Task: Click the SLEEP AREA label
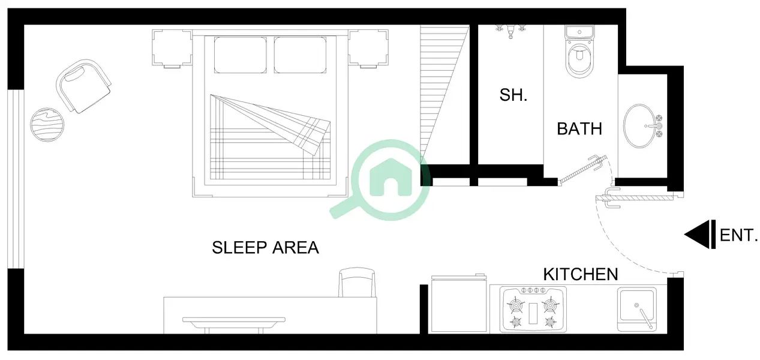point(265,247)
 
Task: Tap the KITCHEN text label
point(581,274)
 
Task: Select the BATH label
point(579,129)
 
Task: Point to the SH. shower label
point(513,95)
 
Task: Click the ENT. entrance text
point(738,235)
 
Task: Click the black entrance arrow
point(700,235)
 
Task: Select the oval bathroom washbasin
point(639,126)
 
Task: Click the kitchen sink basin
point(637,309)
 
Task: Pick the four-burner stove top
point(533,309)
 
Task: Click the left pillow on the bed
point(240,55)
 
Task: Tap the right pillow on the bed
point(301,55)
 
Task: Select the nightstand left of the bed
point(172,48)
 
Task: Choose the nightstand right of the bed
point(368,48)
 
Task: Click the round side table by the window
point(47,125)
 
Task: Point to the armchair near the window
point(84,86)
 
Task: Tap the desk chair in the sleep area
point(357,282)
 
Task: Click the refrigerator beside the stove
point(459,304)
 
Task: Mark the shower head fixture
point(510,31)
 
